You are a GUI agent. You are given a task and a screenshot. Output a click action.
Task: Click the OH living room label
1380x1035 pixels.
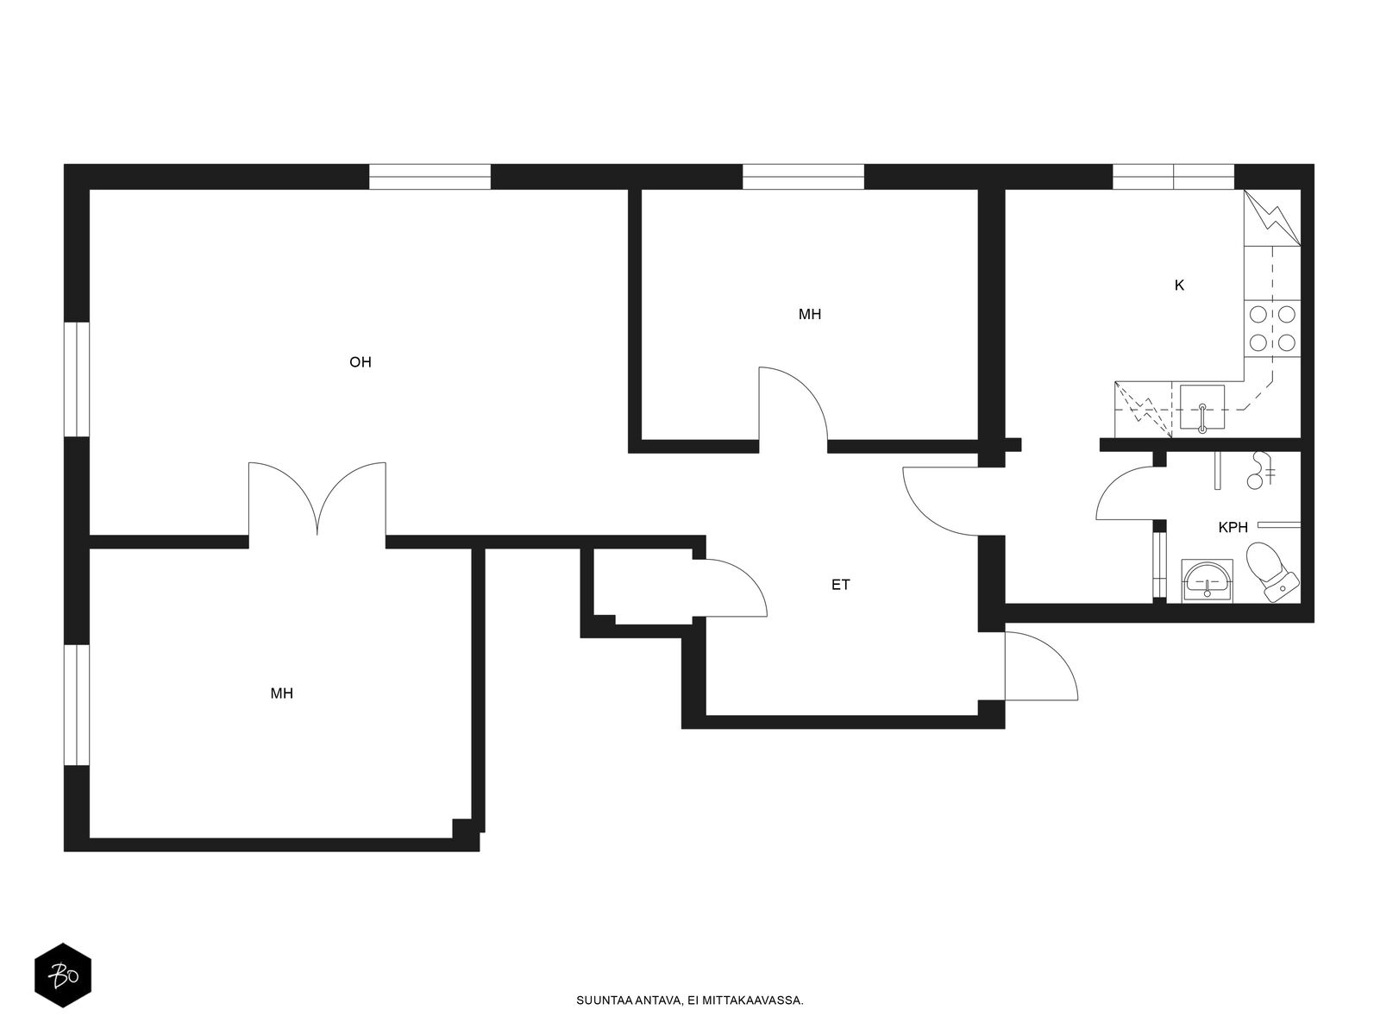(361, 362)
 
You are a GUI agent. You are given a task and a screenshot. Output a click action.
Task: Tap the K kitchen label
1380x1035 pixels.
(1179, 285)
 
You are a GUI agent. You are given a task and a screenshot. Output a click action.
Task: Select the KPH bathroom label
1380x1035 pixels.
(1233, 527)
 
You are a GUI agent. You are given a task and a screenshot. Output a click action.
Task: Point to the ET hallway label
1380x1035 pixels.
(841, 585)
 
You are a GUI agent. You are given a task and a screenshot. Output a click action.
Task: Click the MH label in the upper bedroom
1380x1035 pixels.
(810, 314)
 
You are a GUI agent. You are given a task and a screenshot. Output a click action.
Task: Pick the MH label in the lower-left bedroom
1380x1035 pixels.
(282, 693)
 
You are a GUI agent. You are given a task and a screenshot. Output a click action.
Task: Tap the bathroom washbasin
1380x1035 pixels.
(1207, 580)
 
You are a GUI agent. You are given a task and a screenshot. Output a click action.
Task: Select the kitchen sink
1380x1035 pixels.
(1202, 409)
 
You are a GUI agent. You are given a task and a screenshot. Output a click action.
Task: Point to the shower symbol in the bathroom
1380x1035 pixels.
(1260, 470)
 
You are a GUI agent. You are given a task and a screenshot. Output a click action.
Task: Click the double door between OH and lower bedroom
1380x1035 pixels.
(317, 499)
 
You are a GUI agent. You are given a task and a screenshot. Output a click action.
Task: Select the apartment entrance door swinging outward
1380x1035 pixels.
(1041, 666)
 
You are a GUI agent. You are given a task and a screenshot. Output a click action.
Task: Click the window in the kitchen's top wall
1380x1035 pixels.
(1174, 177)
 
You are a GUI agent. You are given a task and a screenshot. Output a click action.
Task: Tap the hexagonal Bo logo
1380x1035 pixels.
(63, 975)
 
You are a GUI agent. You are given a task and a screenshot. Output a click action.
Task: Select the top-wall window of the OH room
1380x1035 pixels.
(430, 177)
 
